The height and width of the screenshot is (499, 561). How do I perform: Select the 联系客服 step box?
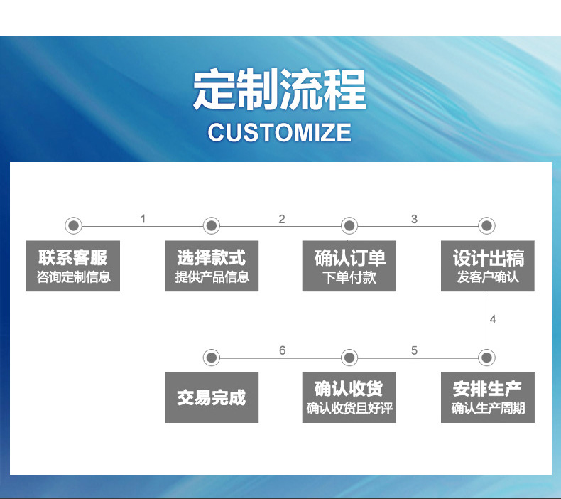[x=73, y=266]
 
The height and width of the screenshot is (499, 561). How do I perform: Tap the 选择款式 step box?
[x=212, y=266]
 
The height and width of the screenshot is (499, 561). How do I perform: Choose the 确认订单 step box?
[x=349, y=266]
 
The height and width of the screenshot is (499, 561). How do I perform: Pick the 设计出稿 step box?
[x=487, y=266]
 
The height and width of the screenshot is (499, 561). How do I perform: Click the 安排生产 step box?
[x=487, y=397]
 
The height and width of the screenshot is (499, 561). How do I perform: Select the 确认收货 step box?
[x=349, y=397]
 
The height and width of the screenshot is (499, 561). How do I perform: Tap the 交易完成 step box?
[x=212, y=397]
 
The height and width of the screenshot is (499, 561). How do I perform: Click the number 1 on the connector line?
[x=143, y=219]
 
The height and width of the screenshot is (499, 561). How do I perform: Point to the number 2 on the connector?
[x=281, y=219]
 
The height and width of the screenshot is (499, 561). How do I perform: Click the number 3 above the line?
[x=414, y=219]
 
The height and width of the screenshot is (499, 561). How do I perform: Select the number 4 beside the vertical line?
[x=493, y=320]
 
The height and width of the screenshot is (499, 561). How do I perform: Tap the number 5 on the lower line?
[x=414, y=350]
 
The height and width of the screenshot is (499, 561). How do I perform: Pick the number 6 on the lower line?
[x=282, y=350]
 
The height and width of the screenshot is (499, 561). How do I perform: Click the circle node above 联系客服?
[x=73, y=226]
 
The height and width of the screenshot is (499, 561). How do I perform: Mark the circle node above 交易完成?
[x=212, y=358]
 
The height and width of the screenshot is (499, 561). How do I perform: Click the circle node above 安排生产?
[x=487, y=358]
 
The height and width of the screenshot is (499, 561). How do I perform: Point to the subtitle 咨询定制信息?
[x=73, y=277]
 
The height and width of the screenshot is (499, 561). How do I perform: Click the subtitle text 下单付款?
[x=349, y=277]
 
